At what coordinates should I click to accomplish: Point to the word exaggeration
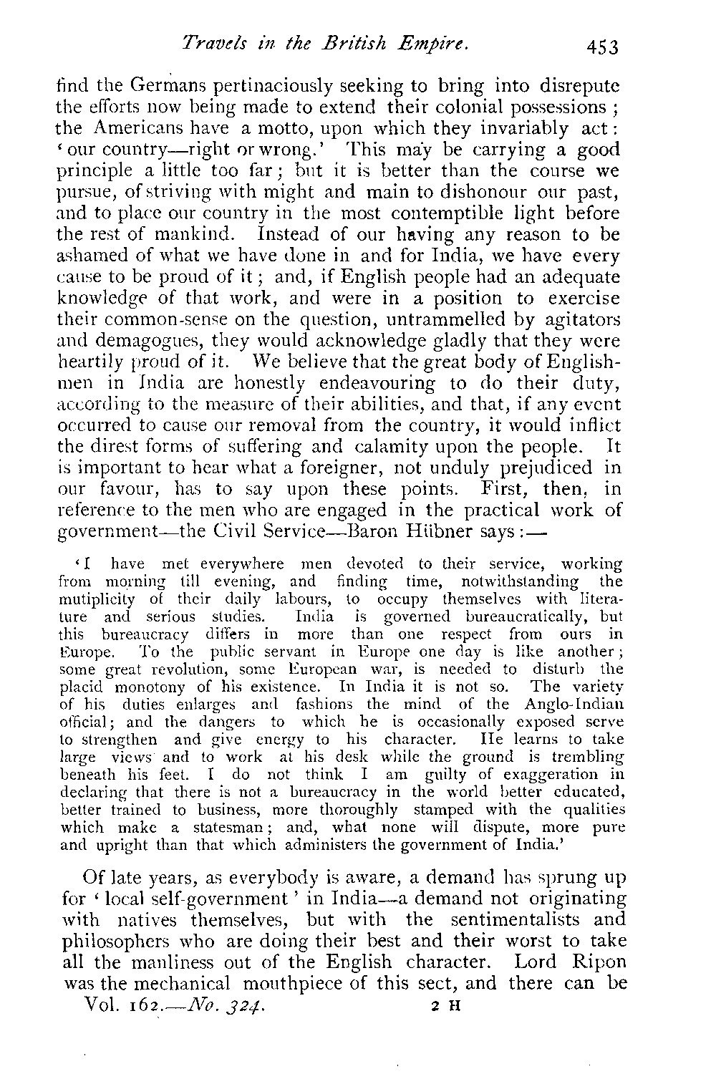pyautogui.click(x=555, y=773)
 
